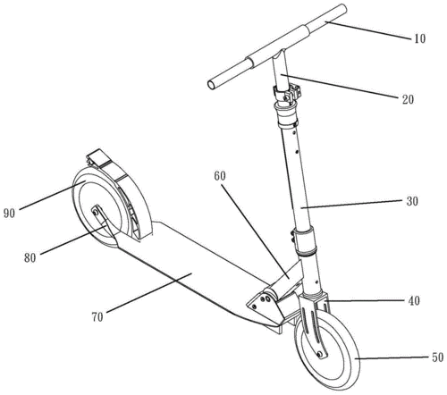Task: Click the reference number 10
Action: (x=419, y=38)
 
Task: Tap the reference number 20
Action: (x=408, y=99)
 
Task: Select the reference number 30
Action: (x=412, y=202)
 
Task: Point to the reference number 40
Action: (x=414, y=301)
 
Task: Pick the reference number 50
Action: (x=437, y=357)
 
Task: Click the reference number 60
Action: (x=220, y=176)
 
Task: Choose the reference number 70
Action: (x=97, y=317)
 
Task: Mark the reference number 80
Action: (x=30, y=258)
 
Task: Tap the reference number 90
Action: (x=9, y=214)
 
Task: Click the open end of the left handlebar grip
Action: (x=212, y=85)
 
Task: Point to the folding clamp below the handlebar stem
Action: (x=288, y=94)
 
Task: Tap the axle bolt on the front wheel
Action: (x=320, y=354)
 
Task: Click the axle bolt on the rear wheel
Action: (x=95, y=213)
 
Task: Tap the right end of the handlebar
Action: (x=343, y=8)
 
